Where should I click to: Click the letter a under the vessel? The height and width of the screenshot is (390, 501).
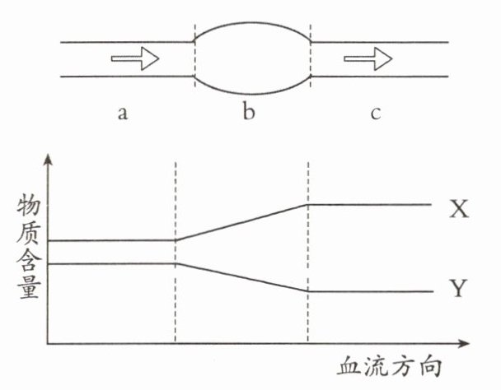(x=122, y=114)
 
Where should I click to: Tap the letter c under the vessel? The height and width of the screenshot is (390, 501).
(x=375, y=114)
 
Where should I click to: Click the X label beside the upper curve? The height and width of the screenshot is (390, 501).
(x=459, y=209)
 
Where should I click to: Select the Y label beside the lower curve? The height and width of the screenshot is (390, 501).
(x=459, y=288)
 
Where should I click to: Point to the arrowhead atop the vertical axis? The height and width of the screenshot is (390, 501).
(x=50, y=160)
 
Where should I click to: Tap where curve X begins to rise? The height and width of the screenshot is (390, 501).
(x=176, y=240)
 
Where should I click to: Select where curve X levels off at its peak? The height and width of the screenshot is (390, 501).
(x=307, y=205)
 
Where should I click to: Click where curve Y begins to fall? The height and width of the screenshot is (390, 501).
(x=176, y=263)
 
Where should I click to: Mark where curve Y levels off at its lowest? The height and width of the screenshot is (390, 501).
(x=307, y=291)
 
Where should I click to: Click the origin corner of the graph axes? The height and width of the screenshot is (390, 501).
(x=50, y=341)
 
